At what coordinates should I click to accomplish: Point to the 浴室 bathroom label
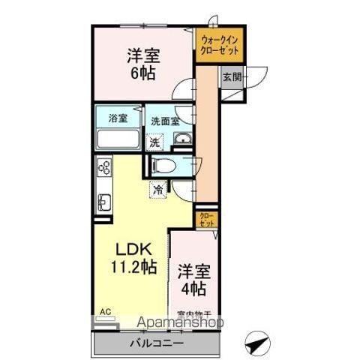[x=117, y=118]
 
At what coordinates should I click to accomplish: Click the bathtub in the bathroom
[x=118, y=140]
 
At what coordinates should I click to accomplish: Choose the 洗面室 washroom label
[x=165, y=120]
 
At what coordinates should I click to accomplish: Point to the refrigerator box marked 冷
[x=158, y=190]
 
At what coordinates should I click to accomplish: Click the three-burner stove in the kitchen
[x=103, y=170]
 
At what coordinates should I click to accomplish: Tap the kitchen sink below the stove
[x=103, y=202]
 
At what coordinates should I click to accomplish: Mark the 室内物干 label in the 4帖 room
[x=193, y=314]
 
